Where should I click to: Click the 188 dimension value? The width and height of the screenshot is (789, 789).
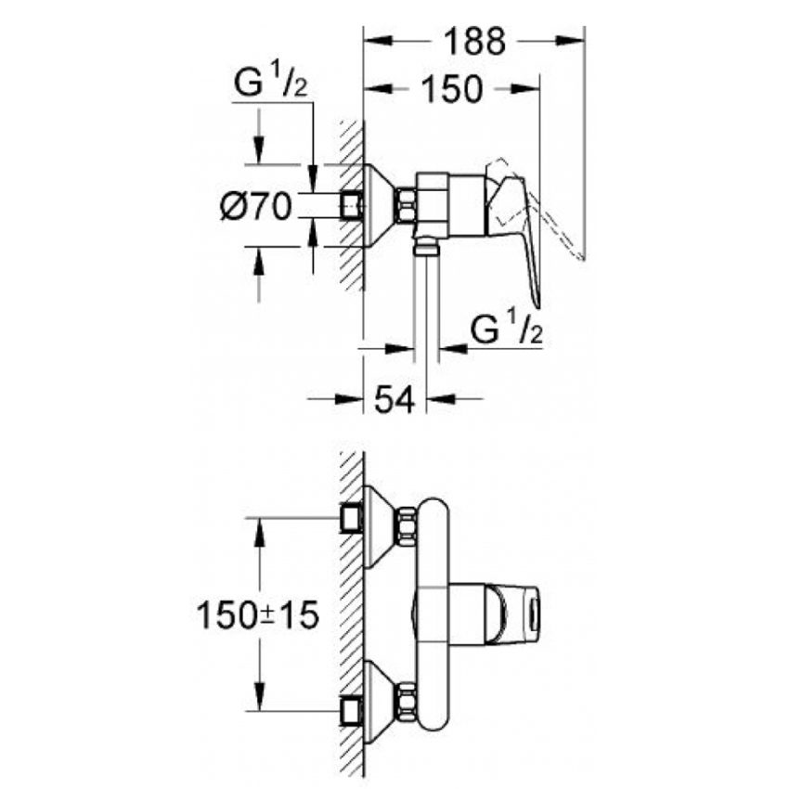pyautogui.click(x=473, y=41)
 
